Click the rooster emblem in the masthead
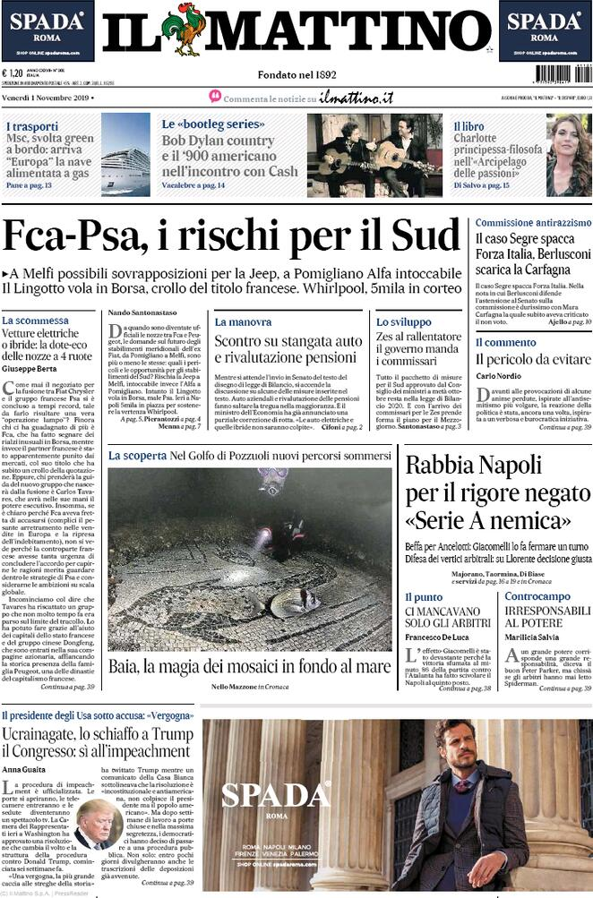point(185,30)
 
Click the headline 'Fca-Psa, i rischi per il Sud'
point(231,236)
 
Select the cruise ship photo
point(125,155)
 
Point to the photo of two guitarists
point(374,155)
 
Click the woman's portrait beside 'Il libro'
point(569,155)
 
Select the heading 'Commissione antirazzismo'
point(533,222)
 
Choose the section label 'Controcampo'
point(537,596)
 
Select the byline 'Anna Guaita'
point(23,768)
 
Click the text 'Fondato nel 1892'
point(296,74)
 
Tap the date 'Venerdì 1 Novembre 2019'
point(47,97)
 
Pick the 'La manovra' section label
point(243,321)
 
